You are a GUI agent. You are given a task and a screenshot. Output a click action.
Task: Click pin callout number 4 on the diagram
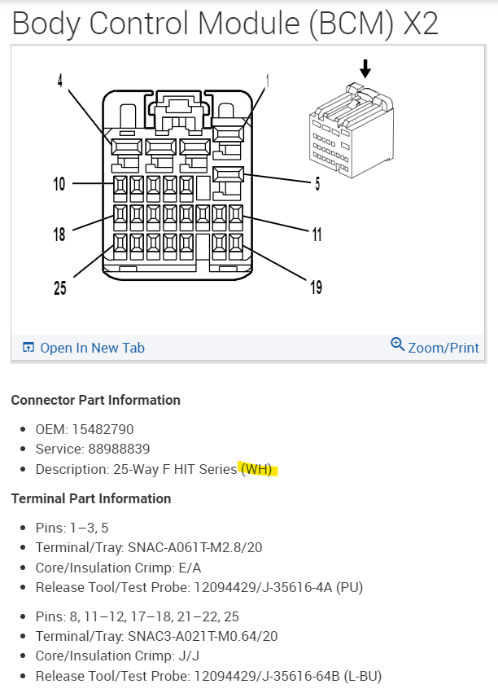[x=60, y=81]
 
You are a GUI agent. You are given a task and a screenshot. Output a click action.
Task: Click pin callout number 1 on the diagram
[x=267, y=81]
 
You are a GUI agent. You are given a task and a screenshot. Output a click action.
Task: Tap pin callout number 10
[x=59, y=184]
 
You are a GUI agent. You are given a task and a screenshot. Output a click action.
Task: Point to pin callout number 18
[x=59, y=235]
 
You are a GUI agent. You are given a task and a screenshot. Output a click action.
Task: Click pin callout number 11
[x=316, y=235]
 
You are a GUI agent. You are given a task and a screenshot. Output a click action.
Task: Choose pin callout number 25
[x=59, y=287]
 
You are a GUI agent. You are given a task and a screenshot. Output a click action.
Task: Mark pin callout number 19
[x=316, y=287]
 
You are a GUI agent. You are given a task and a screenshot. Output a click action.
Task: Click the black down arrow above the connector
[x=365, y=68]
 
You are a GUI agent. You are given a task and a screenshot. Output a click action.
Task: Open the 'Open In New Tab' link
[x=92, y=348]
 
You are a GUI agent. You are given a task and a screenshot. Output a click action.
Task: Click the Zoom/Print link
[x=443, y=348]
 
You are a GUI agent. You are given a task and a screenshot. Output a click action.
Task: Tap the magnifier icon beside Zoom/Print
[x=397, y=344]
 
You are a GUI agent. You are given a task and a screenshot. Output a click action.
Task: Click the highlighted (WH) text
[x=257, y=470]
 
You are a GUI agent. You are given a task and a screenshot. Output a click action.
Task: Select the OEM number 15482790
[x=101, y=429]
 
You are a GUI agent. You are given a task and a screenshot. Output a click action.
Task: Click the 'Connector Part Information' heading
[x=95, y=400]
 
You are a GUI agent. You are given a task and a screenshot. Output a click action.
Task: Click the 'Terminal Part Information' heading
[x=90, y=498]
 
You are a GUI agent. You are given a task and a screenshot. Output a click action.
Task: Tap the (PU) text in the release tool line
[x=352, y=587]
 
